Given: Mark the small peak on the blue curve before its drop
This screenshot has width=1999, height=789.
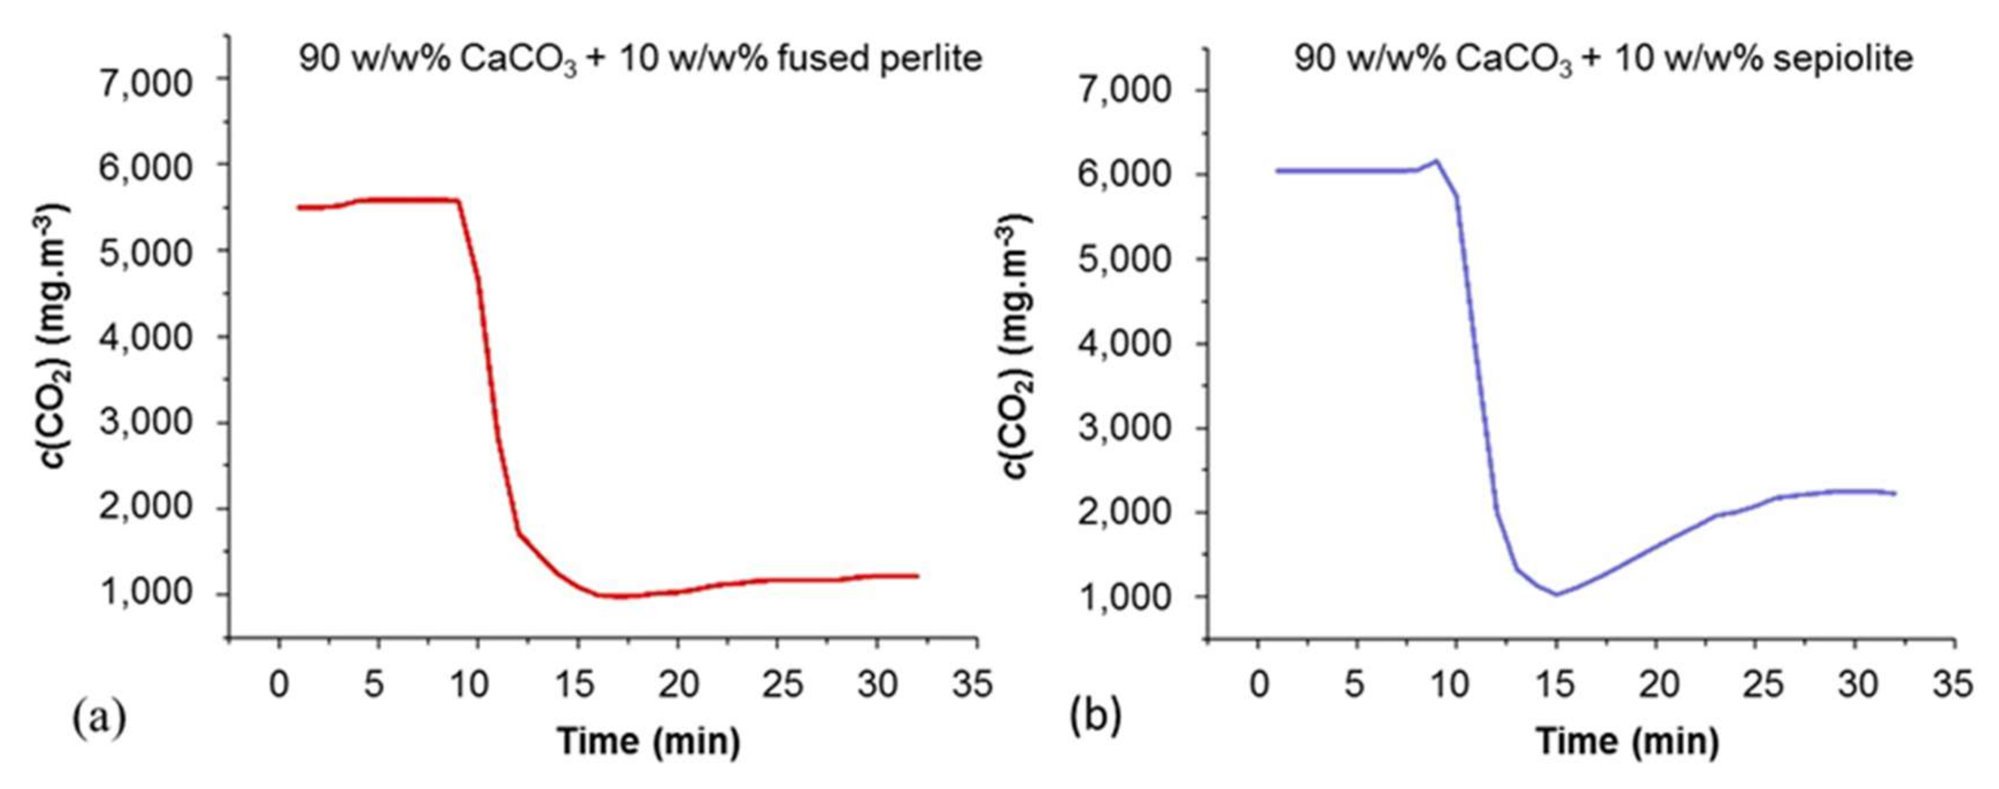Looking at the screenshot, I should pyautogui.click(x=1436, y=161).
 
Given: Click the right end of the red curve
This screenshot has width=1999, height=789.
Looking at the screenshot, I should pyautogui.click(x=917, y=576).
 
